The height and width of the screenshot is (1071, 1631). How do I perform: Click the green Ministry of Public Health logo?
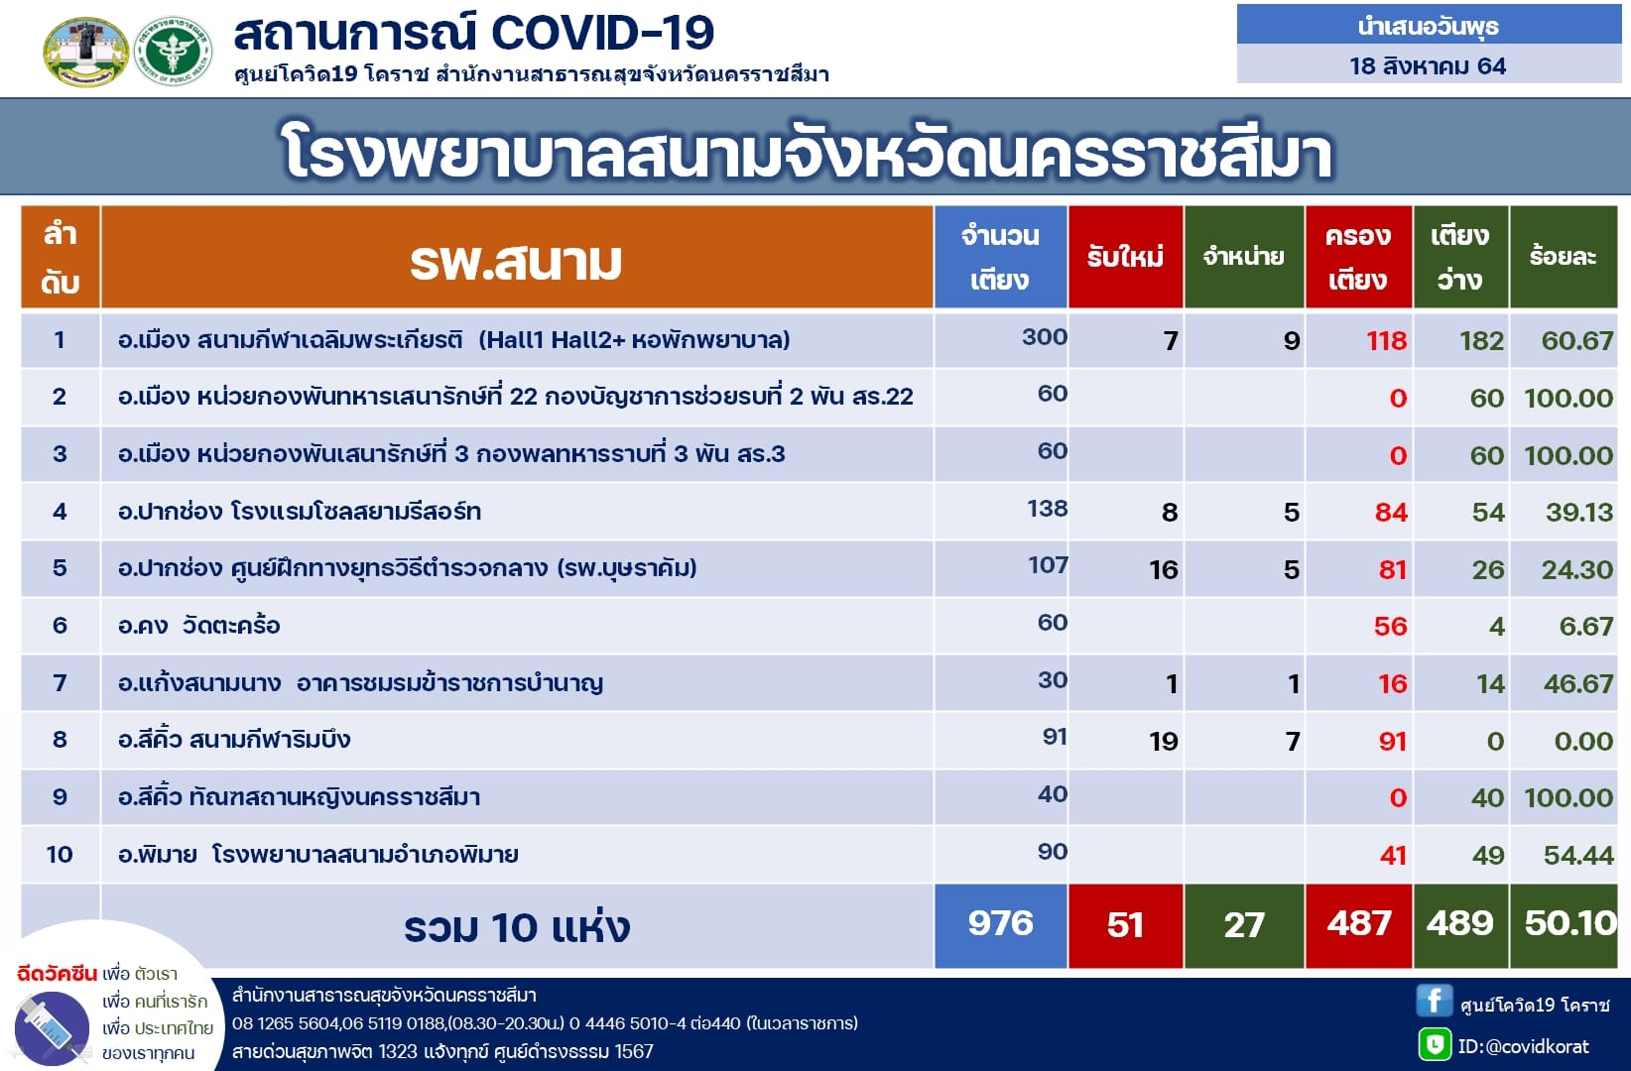pos(174,52)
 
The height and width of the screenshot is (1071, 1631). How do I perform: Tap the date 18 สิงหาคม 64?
pos(1427,66)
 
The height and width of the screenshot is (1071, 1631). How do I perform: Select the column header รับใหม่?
pos(1125,256)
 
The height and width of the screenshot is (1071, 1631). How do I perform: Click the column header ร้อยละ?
pos(1563,256)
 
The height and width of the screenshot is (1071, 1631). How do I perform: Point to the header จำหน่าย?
pos(1244,256)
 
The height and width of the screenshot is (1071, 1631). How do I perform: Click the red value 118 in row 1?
pos(1386,340)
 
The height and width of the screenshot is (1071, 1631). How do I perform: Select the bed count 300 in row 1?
pos(1044,337)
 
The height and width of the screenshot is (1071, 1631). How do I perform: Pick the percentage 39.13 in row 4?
pos(1579,513)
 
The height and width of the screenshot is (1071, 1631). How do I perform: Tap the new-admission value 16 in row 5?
pos(1164,569)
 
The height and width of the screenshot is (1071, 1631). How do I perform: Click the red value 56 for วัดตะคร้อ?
pos(1390,627)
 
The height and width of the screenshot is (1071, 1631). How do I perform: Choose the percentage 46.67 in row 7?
pos(1577,684)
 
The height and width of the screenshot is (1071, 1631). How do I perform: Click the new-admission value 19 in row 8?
pos(1164,742)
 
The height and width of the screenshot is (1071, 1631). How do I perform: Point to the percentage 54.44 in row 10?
pos(1577,856)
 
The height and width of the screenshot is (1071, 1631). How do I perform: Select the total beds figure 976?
pos(1000,923)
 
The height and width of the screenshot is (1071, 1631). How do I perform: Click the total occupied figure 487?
pos(1359,924)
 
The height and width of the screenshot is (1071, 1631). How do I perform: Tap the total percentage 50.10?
pos(1570,924)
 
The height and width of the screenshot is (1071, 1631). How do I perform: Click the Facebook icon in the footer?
pos(1434,1001)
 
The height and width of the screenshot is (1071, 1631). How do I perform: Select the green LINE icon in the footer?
pos(1435,1045)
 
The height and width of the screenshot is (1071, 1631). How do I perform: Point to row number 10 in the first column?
pos(60,854)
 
